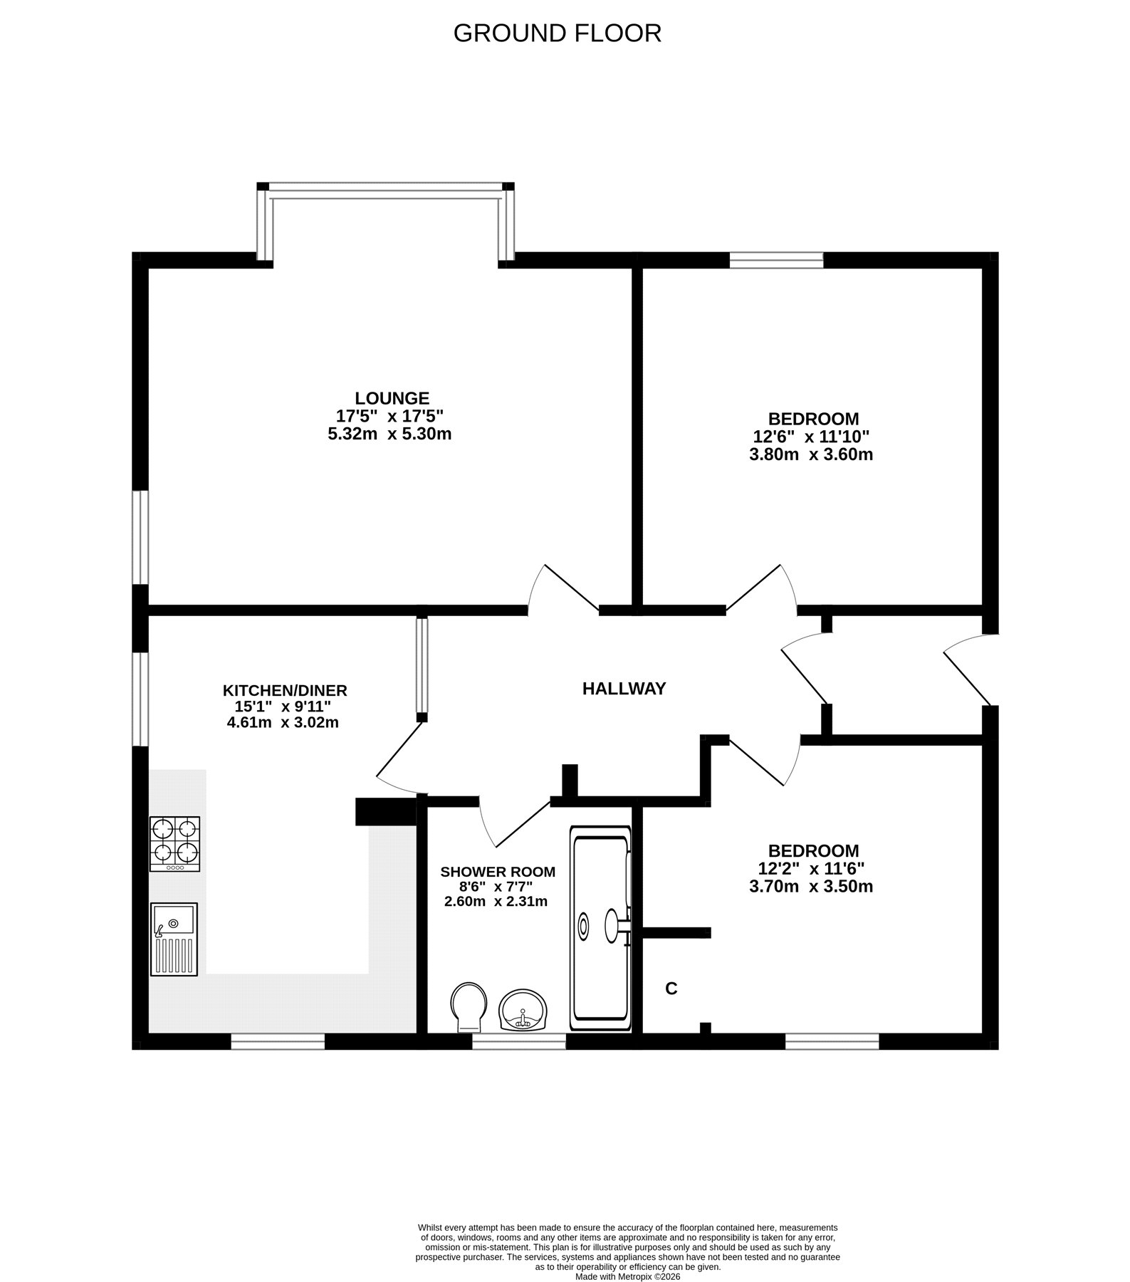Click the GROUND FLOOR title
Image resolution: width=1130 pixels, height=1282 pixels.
click(x=558, y=33)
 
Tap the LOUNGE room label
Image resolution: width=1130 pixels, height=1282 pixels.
click(x=392, y=398)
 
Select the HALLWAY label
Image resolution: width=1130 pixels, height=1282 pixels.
click(x=624, y=689)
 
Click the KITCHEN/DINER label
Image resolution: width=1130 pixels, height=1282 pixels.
click(x=285, y=690)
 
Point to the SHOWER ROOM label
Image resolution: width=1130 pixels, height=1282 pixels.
click(x=498, y=872)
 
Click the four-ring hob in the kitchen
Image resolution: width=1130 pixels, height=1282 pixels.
click(x=174, y=844)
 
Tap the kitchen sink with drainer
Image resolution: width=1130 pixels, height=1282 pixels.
click(x=174, y=939)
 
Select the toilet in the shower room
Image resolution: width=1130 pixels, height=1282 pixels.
click(x=469, y=1007)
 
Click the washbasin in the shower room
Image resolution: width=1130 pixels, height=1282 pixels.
click(x=523, y=1010)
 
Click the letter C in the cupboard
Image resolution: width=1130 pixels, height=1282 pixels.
click(x=671, y=989)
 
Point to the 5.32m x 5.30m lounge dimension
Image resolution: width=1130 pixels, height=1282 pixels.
click(x=389, y=434)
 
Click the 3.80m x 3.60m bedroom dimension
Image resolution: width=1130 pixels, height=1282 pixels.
click(x=811, y=454)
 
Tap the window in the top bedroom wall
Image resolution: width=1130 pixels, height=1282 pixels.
click(x=777, y=260)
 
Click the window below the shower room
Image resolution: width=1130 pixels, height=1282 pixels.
click(x=519, y=1042)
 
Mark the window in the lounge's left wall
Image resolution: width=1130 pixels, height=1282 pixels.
click(x=140, y=538)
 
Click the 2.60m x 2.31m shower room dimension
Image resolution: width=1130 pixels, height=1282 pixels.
click(x=496, y=902)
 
